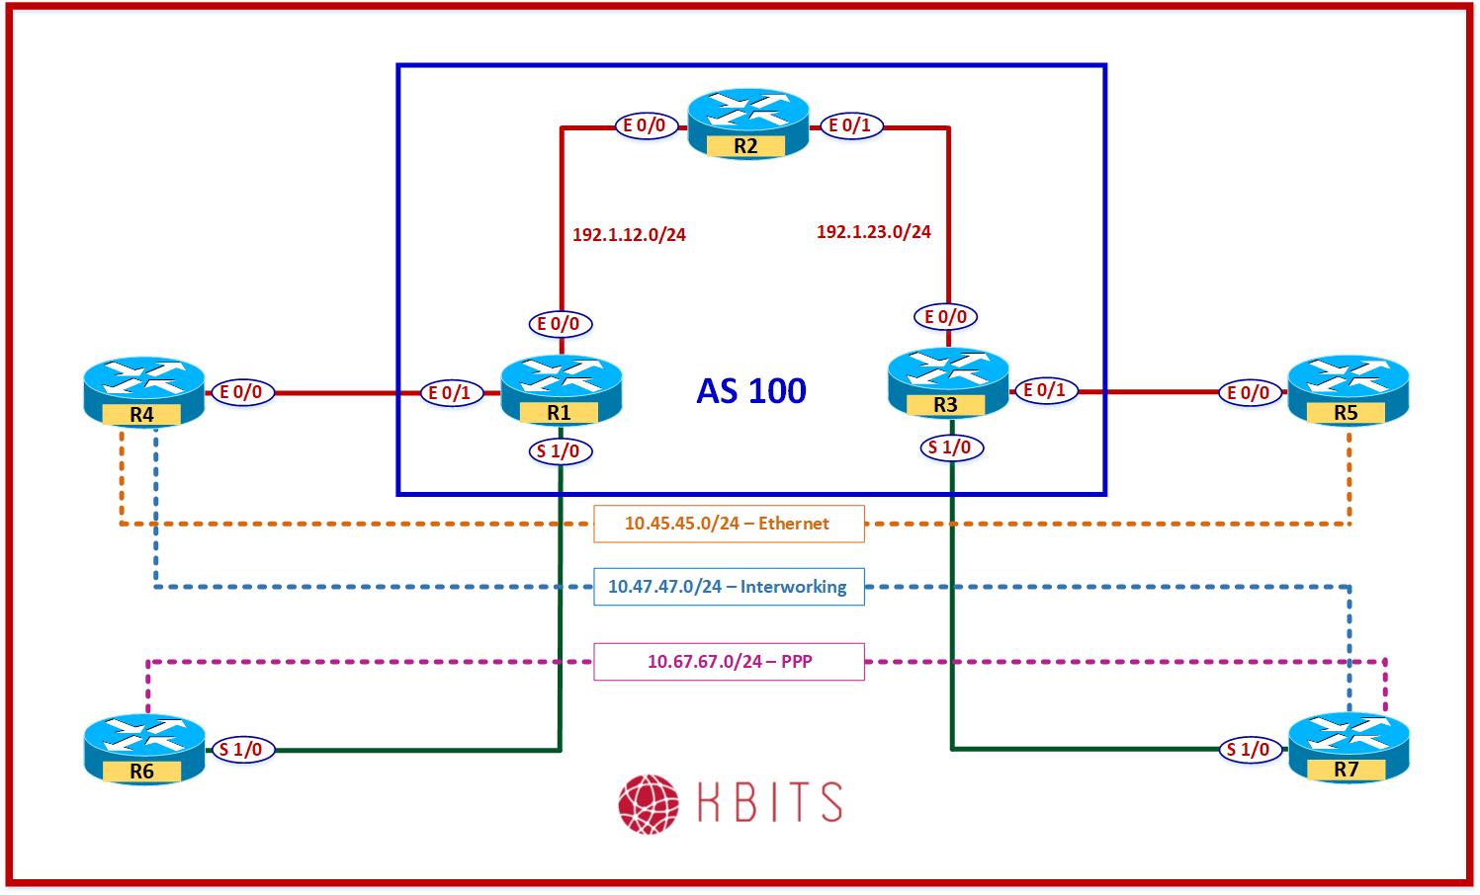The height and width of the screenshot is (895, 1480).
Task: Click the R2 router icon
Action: (x=747, y=122)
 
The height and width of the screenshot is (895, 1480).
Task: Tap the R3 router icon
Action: (x=947, y=383)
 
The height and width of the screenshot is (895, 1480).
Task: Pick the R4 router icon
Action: (x=143, y=392)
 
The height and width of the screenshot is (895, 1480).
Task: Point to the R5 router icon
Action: (x=1348, y=392)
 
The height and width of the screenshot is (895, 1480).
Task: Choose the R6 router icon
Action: (x=143, y=749)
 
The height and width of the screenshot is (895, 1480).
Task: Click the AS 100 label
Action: (x=751, y=391)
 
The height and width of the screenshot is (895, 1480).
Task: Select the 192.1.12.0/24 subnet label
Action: (x=629, y=235)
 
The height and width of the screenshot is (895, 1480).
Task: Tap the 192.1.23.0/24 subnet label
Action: (x=873, y=232)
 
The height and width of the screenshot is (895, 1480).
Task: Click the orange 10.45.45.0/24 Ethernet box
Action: (x=729, y=524)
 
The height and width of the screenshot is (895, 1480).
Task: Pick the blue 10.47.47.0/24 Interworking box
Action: (x=729, y=587)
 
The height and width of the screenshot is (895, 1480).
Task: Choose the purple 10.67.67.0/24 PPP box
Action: (x=729, y=662)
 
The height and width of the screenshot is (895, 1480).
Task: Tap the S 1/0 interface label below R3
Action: (x=950, y=447)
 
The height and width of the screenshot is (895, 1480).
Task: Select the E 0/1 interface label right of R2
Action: (x=849, y=125)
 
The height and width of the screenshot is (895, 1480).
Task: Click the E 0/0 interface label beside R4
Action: (x=240, y=392)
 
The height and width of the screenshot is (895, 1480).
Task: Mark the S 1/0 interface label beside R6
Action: (x=240, y=750)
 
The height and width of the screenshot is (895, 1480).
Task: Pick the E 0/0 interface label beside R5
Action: (x=1248, y=393)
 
